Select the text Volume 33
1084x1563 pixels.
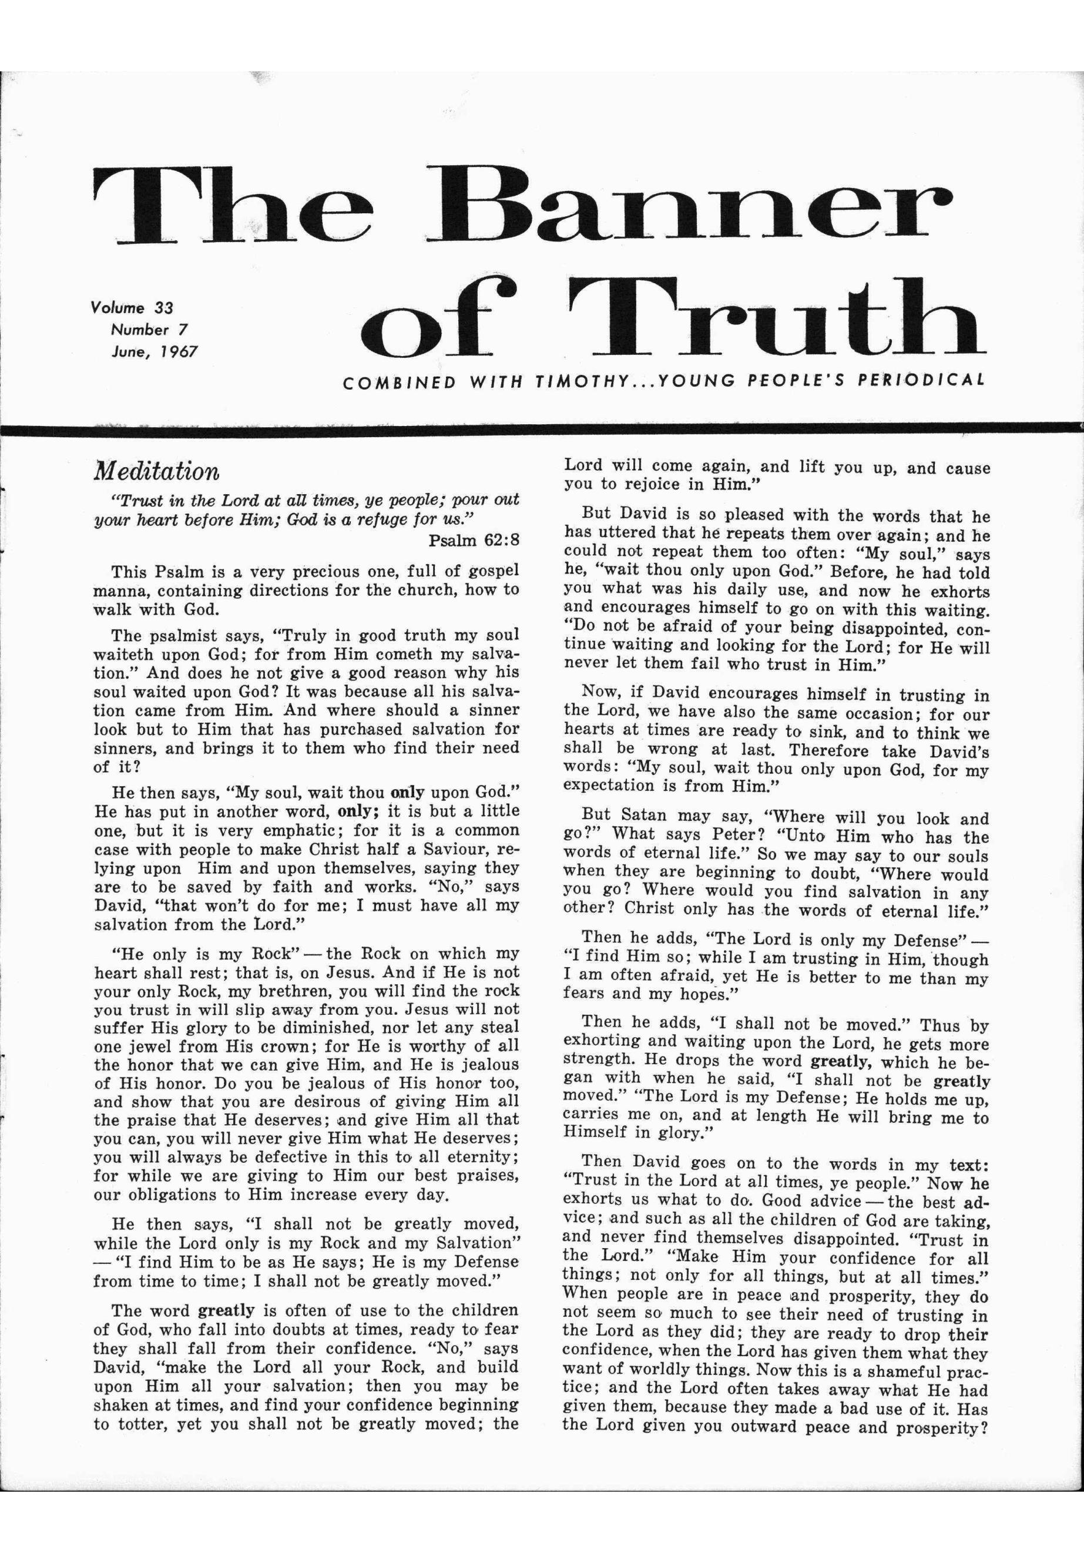[x=132, y=307]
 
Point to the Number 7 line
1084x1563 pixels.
[x=149, y=330]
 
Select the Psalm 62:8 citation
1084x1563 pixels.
[x=474, y=541]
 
